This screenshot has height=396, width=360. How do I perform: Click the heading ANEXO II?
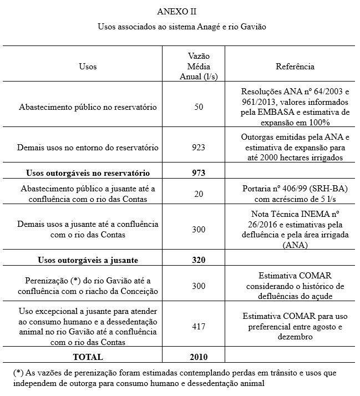tap(176, 11)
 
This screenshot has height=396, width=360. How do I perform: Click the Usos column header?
tap(88, 67)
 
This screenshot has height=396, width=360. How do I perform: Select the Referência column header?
tap(295, 67)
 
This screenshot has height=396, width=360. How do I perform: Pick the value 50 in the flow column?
tap(199, 106)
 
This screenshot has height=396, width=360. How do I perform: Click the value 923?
tap(199, 148)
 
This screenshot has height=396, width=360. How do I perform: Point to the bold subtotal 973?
tap(199, 172)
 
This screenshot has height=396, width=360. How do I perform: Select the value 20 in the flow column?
tap(199, 194)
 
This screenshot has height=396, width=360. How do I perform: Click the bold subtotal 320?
tap(199, 260)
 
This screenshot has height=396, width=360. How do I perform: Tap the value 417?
tap(199, 327)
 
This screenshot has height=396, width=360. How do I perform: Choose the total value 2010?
tap(199, 356)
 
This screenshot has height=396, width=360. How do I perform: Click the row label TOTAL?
tap(88, 356)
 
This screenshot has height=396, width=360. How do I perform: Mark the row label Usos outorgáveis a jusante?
tap(88, 260)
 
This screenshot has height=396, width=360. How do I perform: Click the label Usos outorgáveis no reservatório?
tap(88, 172)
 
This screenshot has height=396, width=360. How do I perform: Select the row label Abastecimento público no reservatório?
tap(88, 106)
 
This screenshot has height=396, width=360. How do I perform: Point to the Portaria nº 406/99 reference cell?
tap(295, 194)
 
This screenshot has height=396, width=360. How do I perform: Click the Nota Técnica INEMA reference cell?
tap(295, 229)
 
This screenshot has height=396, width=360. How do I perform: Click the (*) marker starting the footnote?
tap(18, 373)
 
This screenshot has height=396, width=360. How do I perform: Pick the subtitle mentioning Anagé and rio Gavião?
tap(176, 26)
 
